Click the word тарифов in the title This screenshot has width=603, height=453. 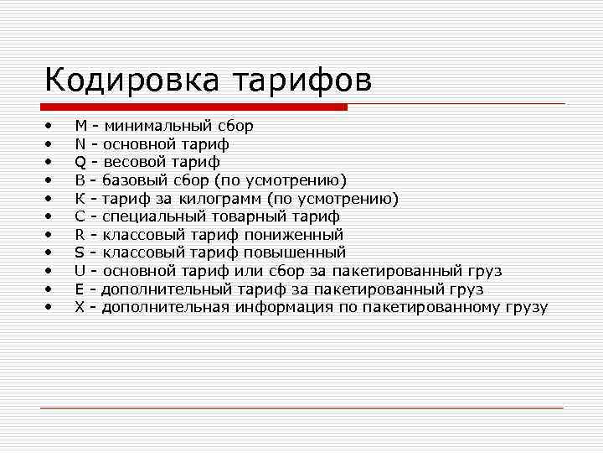pyautogui.click(x=301, y=81)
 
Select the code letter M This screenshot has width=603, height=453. pyautogui.click(x=81, y=126)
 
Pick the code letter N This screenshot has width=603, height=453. pyautogui.click(x=80, y=144)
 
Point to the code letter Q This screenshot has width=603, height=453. pyautogui.click(x=80, y=162)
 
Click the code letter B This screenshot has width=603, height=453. pyautogui.click(x=80, y=180)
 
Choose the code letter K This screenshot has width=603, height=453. pyautogui.click(x=80, y=199)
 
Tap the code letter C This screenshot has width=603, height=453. pyautogui.click(x=80, y=216)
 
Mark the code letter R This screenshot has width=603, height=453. pyautogui.click(x=80, y=235)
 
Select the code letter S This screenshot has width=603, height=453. pyautogui.click(x=80, y=253)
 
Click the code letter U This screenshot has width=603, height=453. pyautogui.click(x=80, y=271)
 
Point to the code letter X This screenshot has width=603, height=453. pyautogui.click(x=80, y=307)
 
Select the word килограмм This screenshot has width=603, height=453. pyautogui.click(x=219, y=199)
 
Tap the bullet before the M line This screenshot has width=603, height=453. pyautogui.click(x=49, y=126)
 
